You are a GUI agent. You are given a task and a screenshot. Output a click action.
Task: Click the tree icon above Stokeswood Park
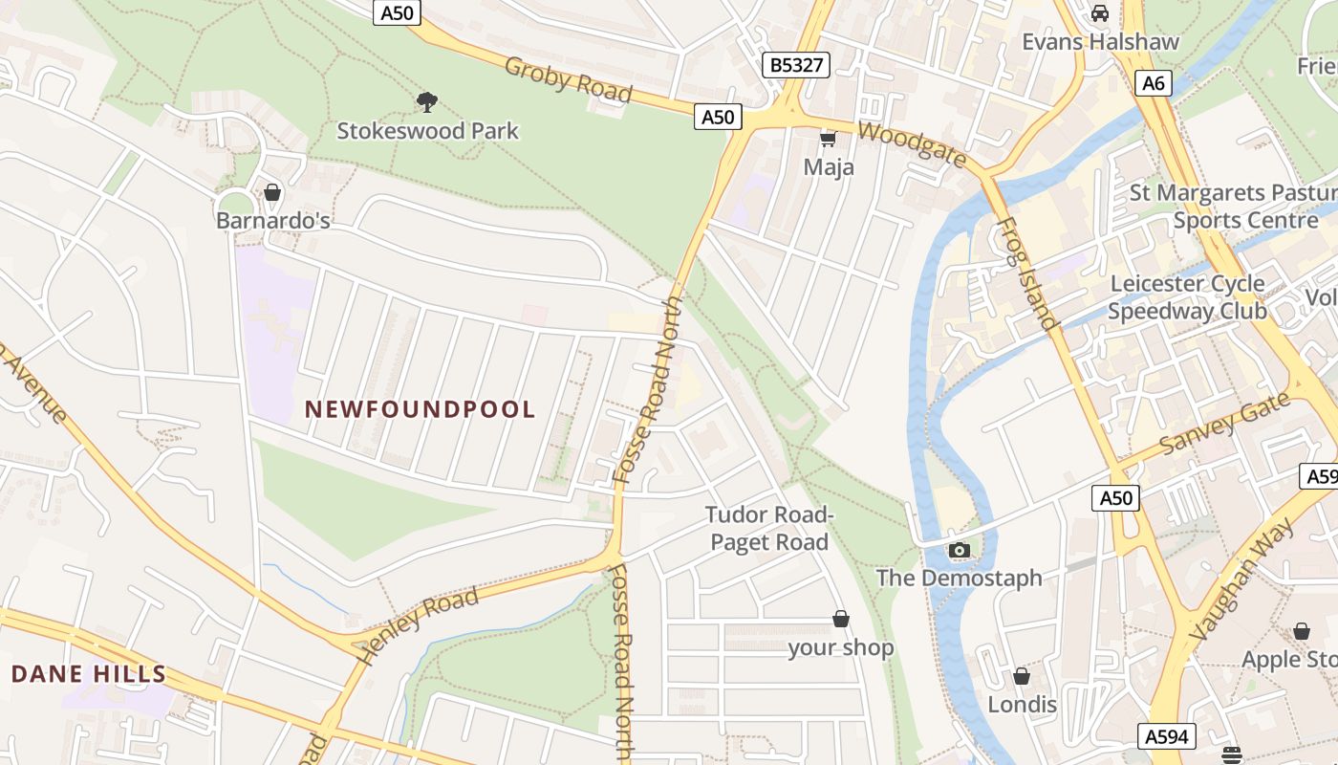tap(427, 101)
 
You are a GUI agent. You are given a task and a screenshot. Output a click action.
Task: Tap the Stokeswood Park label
tap(427, 131)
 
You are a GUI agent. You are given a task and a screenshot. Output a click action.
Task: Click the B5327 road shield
tap(796, 65)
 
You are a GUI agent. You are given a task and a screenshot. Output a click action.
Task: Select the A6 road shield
tap(1154, 83)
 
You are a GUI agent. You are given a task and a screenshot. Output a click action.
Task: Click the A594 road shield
tap(1168, 736)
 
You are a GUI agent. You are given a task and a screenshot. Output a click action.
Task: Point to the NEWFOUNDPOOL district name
tap(420, 409)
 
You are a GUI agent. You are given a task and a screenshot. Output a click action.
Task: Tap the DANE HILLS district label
tap(89, 674)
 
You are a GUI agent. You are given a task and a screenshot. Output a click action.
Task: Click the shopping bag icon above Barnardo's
tap(272, 192)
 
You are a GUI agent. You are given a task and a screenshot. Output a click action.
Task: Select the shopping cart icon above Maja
tap(828, 140)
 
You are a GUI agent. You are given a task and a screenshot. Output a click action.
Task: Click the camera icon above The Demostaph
tap(959, 550)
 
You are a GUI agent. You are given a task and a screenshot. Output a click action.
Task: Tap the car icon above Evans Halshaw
tap(1100, 13)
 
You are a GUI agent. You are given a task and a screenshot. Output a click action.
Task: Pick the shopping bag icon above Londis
tap(1021, 676)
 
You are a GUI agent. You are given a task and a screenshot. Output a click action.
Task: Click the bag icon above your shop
tap(841, 619)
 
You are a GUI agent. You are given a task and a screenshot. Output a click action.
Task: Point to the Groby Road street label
tap(568, 80)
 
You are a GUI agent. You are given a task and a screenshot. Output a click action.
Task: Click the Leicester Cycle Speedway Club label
tap(1187, 297)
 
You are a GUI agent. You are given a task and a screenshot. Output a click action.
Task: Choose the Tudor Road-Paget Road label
tap(769, 529)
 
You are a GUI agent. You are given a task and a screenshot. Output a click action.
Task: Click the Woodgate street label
tap(912, 144)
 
